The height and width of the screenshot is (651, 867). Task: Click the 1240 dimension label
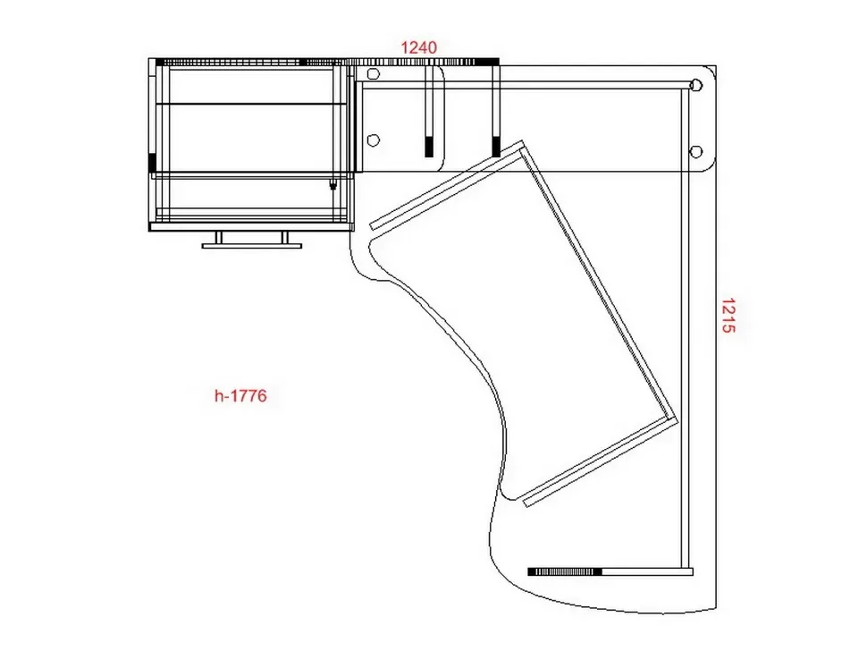click(418, 47)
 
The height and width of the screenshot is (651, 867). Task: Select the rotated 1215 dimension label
click(728, 316)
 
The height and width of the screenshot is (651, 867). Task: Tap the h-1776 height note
click(240, 395)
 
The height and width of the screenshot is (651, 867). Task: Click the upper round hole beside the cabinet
click(374, 74)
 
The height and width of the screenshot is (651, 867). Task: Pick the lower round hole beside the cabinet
click(374, 140)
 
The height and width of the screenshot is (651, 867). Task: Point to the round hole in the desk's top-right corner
click(696, 85)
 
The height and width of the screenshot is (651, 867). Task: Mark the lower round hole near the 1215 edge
click(696, 151)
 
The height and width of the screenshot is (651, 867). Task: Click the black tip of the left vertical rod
click(429, 147)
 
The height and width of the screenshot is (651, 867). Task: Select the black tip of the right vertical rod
click(496, 147)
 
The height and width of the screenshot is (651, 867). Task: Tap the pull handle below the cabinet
click(252, 241)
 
